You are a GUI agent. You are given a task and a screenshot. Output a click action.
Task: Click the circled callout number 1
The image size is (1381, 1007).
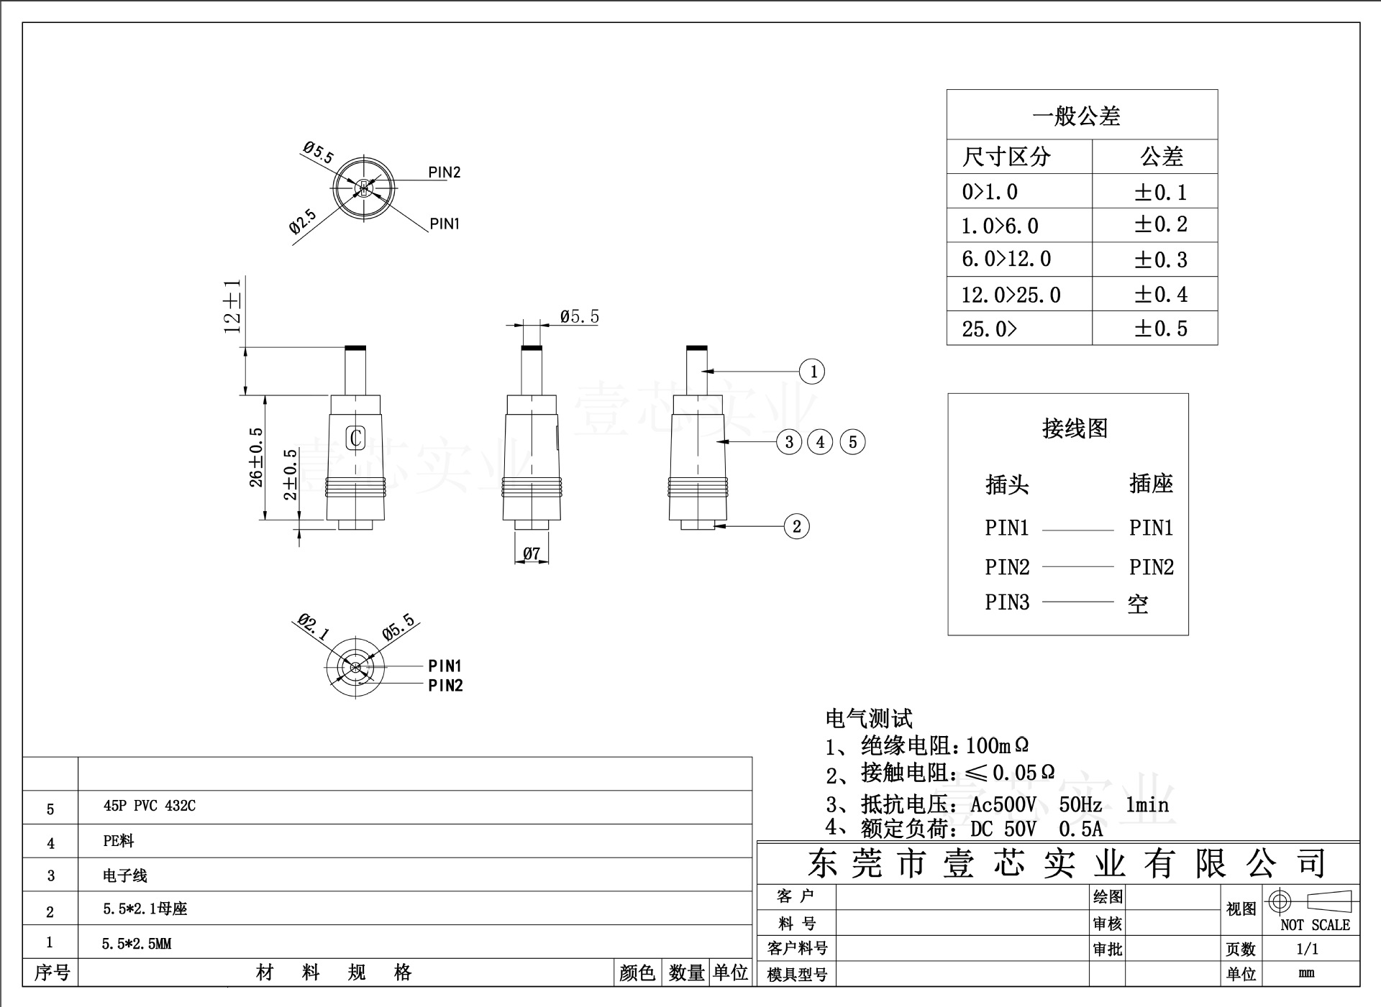click(812, 372)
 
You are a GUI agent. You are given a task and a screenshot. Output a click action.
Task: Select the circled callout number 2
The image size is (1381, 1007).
click(796, 526)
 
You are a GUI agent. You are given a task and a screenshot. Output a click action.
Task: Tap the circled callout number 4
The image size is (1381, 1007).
click(821, 441)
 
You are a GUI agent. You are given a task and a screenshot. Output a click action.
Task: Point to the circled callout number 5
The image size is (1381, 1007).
click(853, 441)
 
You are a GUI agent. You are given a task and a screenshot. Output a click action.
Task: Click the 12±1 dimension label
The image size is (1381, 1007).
click(232, 306)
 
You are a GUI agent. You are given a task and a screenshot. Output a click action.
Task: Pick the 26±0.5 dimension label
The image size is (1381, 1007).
click(256, 457)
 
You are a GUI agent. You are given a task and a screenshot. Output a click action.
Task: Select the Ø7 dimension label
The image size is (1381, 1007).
click(532, 553)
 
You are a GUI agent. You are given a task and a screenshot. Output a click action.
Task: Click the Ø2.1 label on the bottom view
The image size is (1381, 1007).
click(314, 627)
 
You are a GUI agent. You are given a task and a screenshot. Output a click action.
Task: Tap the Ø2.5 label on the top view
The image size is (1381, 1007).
click(303, 221)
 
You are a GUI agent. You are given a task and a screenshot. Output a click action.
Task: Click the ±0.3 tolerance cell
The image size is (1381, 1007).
click(1160, 259)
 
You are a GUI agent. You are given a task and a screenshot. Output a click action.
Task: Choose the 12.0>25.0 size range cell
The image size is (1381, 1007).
click(1011, 295)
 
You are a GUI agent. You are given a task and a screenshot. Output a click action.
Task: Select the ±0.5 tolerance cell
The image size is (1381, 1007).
click(1160, 328)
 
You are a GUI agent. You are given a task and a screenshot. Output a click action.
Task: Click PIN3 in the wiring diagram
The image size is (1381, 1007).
click(1006, 602)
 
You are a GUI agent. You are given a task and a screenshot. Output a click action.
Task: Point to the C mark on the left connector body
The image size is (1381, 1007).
click(355, 437)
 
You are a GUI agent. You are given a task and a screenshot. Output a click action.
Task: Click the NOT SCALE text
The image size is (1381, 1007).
click(1315, 925)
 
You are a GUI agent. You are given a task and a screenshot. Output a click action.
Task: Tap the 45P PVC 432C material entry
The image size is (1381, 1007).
click(149, 806)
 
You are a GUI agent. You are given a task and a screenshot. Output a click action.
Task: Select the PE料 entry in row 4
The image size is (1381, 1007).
click(119, 840)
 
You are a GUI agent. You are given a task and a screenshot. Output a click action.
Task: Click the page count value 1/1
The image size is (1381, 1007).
click(1307, 949)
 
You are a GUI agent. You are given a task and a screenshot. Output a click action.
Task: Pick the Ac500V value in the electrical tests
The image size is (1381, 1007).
click(1003, 805)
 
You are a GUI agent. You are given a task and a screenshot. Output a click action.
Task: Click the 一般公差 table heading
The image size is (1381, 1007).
click(1076, 116)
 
